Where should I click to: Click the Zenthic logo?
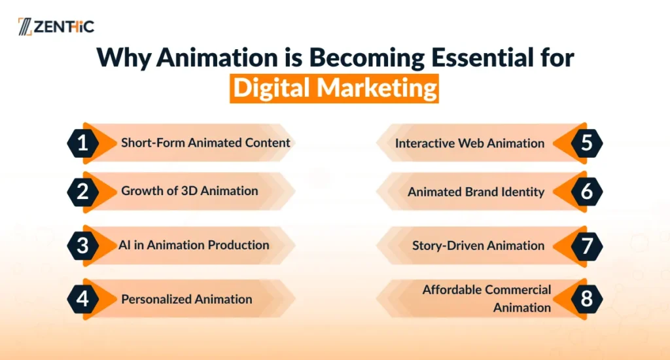[x=56, y=26]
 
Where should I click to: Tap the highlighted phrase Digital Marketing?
[x=334, y=88]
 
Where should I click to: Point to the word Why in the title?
[x=124, y=58]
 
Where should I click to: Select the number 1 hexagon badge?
[x=83, y=143]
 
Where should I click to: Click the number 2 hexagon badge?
[x=83, y=192]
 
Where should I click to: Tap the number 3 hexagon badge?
[x=83, y=246]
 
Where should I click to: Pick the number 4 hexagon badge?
[x=83, y=299]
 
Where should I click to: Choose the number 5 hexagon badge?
[x=587, y=143]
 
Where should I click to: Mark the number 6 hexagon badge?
[x=587, y=192]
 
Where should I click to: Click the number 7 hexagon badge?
[x=587, y=246]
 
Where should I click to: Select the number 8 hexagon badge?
[x=587, y=299]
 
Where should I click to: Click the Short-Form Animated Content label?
[x=205, y=143]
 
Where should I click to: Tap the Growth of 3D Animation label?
[x=190, y=190]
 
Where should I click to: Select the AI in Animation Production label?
[x=194, y=245]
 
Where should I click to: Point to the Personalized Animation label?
[x=186, y=299]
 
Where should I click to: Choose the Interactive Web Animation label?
[x=470, y=143]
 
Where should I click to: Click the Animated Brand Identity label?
[x=476, y=192]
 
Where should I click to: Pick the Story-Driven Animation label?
[x=478, y=246]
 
